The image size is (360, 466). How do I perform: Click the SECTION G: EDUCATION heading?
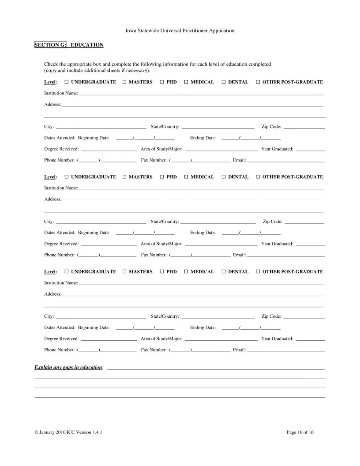click(x=69, y=45)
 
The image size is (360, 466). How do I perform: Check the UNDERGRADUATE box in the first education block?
click(x=66, y=82)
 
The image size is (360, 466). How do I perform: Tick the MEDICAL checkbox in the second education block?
click(x=186, y=177)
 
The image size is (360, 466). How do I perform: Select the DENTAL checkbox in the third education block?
click(x=224, y=272)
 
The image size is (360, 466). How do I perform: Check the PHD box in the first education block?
click(x=162, y=82)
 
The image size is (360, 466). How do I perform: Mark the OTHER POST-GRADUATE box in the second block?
click(x=258, y=177)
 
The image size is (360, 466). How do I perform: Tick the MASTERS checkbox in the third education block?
click(x=124, y=272)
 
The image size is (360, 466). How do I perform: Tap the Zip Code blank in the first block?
click(x=304, y=128)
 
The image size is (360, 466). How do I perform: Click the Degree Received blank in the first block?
click(x=109, y=150)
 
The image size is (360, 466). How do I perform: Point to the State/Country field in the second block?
click(x=218, y=222)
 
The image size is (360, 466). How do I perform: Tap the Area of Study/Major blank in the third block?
click(x=221, y=339)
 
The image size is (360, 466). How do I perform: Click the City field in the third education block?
click(x=101, y=317)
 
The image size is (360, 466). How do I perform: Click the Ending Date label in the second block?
click(x=203, y=233)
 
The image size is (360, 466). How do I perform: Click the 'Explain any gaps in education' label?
click(x=68, y=367)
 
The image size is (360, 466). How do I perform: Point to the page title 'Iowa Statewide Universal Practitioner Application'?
click(x=180, y=31)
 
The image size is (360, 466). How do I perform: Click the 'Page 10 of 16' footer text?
click(x=300, y=432)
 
